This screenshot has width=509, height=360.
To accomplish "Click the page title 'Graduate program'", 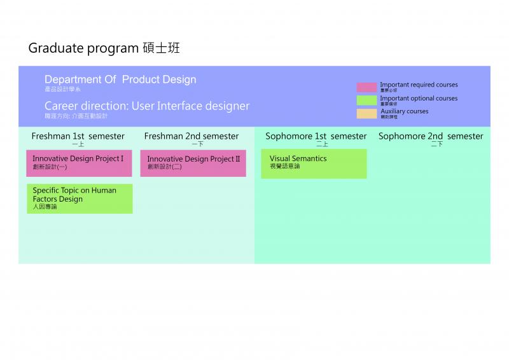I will tap(83, 48).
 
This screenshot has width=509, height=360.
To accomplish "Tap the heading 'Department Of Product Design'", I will tap(120, 80).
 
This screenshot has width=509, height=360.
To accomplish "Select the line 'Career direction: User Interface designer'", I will tap(147, 106).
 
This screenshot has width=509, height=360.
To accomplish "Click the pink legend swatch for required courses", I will tap(366, 87).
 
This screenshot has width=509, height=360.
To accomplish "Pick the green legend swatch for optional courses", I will tap(366, 100).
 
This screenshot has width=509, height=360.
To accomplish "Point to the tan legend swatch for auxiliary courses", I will tap(366, 113).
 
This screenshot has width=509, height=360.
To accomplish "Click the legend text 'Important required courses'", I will tap(419, 85).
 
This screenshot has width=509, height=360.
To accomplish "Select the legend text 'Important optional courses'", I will tap(419, 98).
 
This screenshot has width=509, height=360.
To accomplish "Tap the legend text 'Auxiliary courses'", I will tap(405, 111).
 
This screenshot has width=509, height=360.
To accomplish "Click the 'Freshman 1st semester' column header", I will tap(78, 136).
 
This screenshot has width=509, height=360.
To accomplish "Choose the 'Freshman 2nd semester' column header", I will tap(192, 136).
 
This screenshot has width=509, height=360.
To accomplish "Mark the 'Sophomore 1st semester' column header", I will tap(316, 136).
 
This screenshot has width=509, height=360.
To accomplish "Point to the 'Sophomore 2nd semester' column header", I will tap(431, 136).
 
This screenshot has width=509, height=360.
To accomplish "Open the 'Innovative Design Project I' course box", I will tap(79, 163).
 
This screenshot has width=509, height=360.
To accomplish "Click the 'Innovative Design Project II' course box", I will tap(193, 163).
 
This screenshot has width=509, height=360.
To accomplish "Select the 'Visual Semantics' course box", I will tap(314, 163).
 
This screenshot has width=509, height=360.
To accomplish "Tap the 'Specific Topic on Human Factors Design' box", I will tap(80, 198).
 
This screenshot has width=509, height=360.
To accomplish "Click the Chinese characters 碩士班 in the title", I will tap(162, 48).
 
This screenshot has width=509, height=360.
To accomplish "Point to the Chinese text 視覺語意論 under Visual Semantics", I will tap(284, 167).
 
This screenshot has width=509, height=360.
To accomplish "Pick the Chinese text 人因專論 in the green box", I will tap(45, 207).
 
